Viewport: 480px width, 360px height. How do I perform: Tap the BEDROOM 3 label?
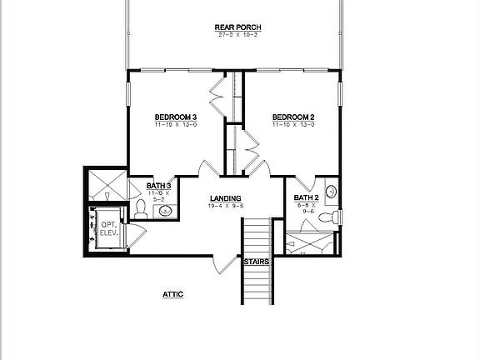pos(175,117)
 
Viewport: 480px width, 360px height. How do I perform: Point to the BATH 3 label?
pos(159,186)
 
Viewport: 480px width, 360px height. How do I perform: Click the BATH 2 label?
pos(307,197)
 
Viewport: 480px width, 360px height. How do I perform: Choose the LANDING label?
pos(225,197)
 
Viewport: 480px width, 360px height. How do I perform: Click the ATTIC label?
pos(172,294)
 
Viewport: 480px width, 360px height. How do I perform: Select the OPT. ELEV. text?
pos(109,228)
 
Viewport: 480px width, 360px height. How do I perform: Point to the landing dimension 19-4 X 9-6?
pos(225,205)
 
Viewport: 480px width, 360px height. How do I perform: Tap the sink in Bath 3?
pos(165,211)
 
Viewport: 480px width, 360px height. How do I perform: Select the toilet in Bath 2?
pos(335,217)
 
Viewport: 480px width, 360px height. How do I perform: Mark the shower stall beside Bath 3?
pos(107,186)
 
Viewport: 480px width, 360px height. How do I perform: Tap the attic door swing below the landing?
pos(223,264)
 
